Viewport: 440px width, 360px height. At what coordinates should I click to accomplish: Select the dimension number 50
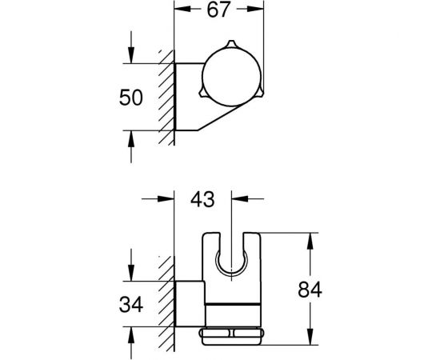point(130,98)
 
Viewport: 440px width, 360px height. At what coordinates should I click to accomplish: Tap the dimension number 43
point(203,199)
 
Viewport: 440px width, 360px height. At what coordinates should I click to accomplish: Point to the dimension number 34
point(130,306)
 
